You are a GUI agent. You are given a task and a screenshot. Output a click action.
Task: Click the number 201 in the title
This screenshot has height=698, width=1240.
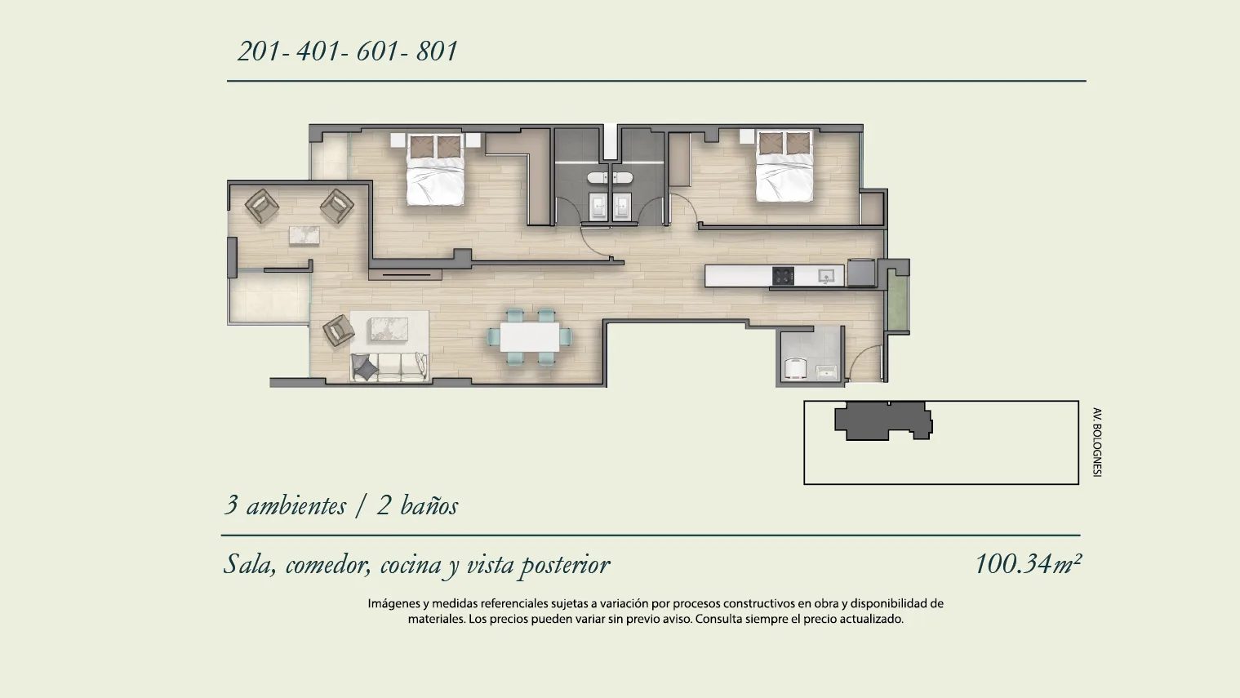pyautogui.click(x=259, y=51)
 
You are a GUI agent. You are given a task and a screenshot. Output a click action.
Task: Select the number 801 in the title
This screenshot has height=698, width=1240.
pyautogui.click(x=437, y=51)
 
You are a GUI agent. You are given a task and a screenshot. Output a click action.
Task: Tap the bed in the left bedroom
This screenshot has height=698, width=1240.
pyautogui.click(x=435, y=169)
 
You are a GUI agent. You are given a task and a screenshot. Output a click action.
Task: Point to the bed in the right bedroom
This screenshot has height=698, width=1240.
pyautogui.click(x=785, y=166)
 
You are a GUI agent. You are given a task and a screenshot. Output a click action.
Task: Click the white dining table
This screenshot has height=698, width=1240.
pyautogui.click(x=530, y=336)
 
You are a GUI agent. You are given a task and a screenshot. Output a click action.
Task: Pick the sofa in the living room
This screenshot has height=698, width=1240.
pyautogui.click(x=389, y=367)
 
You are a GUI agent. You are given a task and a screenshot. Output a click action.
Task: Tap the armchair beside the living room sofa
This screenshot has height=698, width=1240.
pyautogui.click(x=338, y=331)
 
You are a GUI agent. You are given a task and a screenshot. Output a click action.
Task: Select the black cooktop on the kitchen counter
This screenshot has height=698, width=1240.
pyautogui.click(x=784, y=276)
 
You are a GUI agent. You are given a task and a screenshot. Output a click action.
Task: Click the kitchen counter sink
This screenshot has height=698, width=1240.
pyautogui.click(x=825, y=276)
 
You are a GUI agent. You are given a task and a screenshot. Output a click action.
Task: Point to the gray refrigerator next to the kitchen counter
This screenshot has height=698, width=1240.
pyautogui.click(x=861, y=273)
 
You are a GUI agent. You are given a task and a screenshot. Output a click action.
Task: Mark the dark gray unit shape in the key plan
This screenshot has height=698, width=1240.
pyautogui.click(x=883, y=421)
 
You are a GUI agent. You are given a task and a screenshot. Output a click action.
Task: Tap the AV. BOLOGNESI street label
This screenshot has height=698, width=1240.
pyautogui.click(x=1097, y=442)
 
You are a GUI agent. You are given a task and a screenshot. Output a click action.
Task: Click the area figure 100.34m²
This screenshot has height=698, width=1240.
pyautogui.click(x=1028, y=564)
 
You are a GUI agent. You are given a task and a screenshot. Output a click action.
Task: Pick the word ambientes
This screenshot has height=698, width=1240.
pyautogui.click(x=296, y=506)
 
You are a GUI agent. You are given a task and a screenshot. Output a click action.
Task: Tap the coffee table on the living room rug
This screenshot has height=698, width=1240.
pyautogui.click(x=389, y=328)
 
